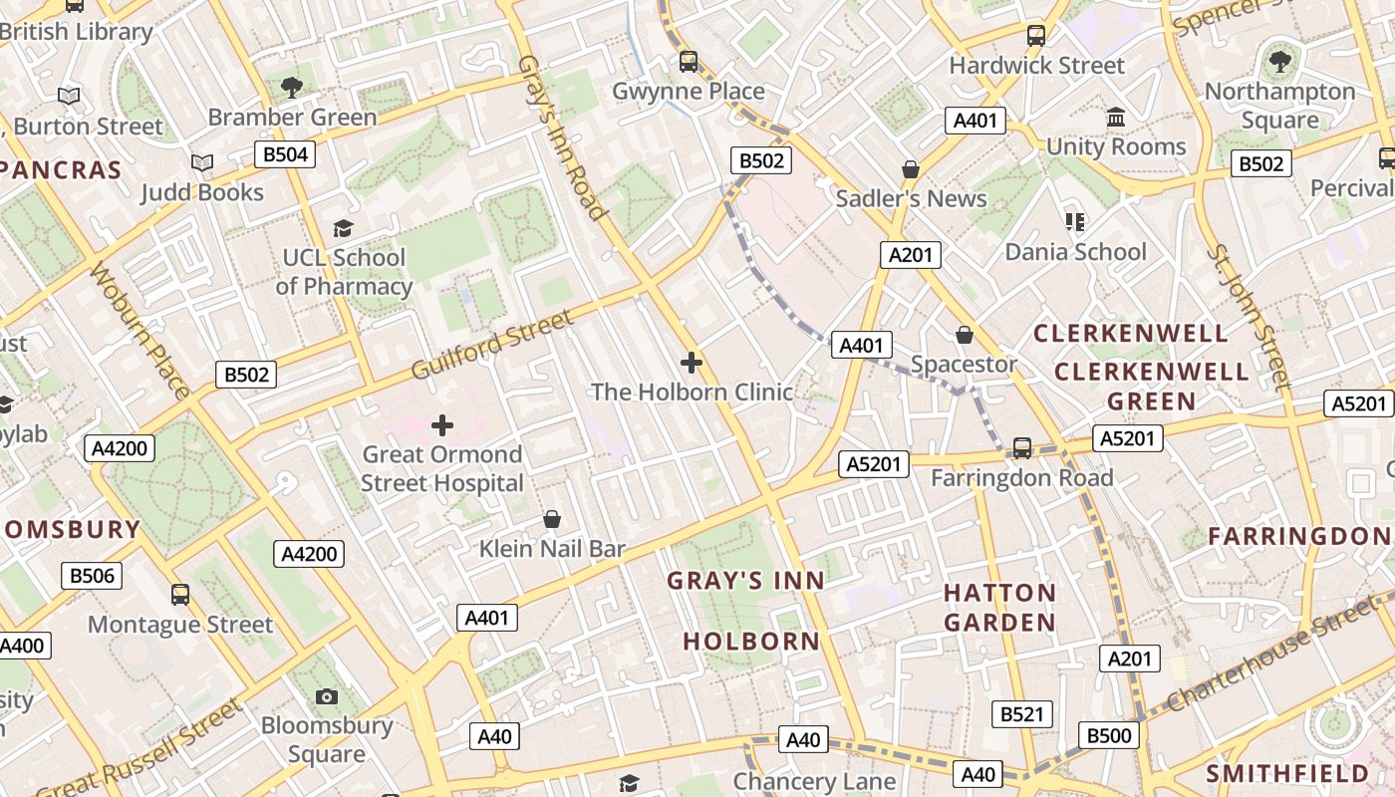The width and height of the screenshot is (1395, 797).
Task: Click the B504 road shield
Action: pyautogui.click(x=285, y=154)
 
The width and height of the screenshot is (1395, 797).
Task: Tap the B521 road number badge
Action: pyautogui.click(x=1021, y=714)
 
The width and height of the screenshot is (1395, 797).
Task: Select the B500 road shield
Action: pyautogui.click(x=1108, y=736)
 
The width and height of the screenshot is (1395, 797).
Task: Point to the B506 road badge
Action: pyautogui.click(x=92, y=576)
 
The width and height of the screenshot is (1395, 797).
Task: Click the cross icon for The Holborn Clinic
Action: pyautogui.click(x=692, y=363)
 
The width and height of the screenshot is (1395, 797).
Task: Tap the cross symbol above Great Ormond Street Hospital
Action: pyautogui.click(x=442, y=425)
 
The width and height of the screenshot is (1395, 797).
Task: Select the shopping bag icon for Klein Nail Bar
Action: pyautogui.click(x=552, y=519)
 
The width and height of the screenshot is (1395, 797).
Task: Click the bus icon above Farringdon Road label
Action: pyautogui.click(x=1022, y=448)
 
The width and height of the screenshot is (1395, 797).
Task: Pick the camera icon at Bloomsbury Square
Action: pyautogui.click(x=327, y=696)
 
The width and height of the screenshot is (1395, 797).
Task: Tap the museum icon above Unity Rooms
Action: pyautogui.click(x=1116, y=118)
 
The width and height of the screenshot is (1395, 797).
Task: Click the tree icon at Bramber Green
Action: pyautogui.click(x=292, y=88)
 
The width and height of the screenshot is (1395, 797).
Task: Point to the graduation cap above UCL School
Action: pyautogui.click(x=344, y=229)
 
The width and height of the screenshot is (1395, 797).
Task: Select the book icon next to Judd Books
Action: pyautogui.click(x=202, y=162)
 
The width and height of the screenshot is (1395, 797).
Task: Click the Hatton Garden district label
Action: pyautogui.click(x=999, y=608)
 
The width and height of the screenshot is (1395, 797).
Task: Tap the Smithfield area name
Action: pyautogui.click(x=1287, y=774)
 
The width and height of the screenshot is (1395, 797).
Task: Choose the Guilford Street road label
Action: pyautogui.click(x=493, y=345)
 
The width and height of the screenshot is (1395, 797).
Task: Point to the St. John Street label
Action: pyautogui.click(x=1249, y=316)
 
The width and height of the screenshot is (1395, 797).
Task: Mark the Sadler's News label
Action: pyautogui.click(x=911, y=198)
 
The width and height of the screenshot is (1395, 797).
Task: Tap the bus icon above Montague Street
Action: pyautogui.click(x=180, y=595)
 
